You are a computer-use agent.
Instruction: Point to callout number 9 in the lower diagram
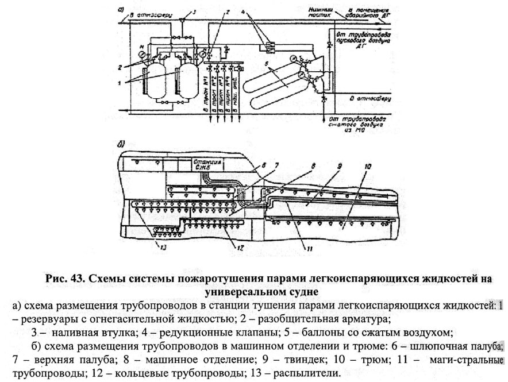[x=338, y=167]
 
